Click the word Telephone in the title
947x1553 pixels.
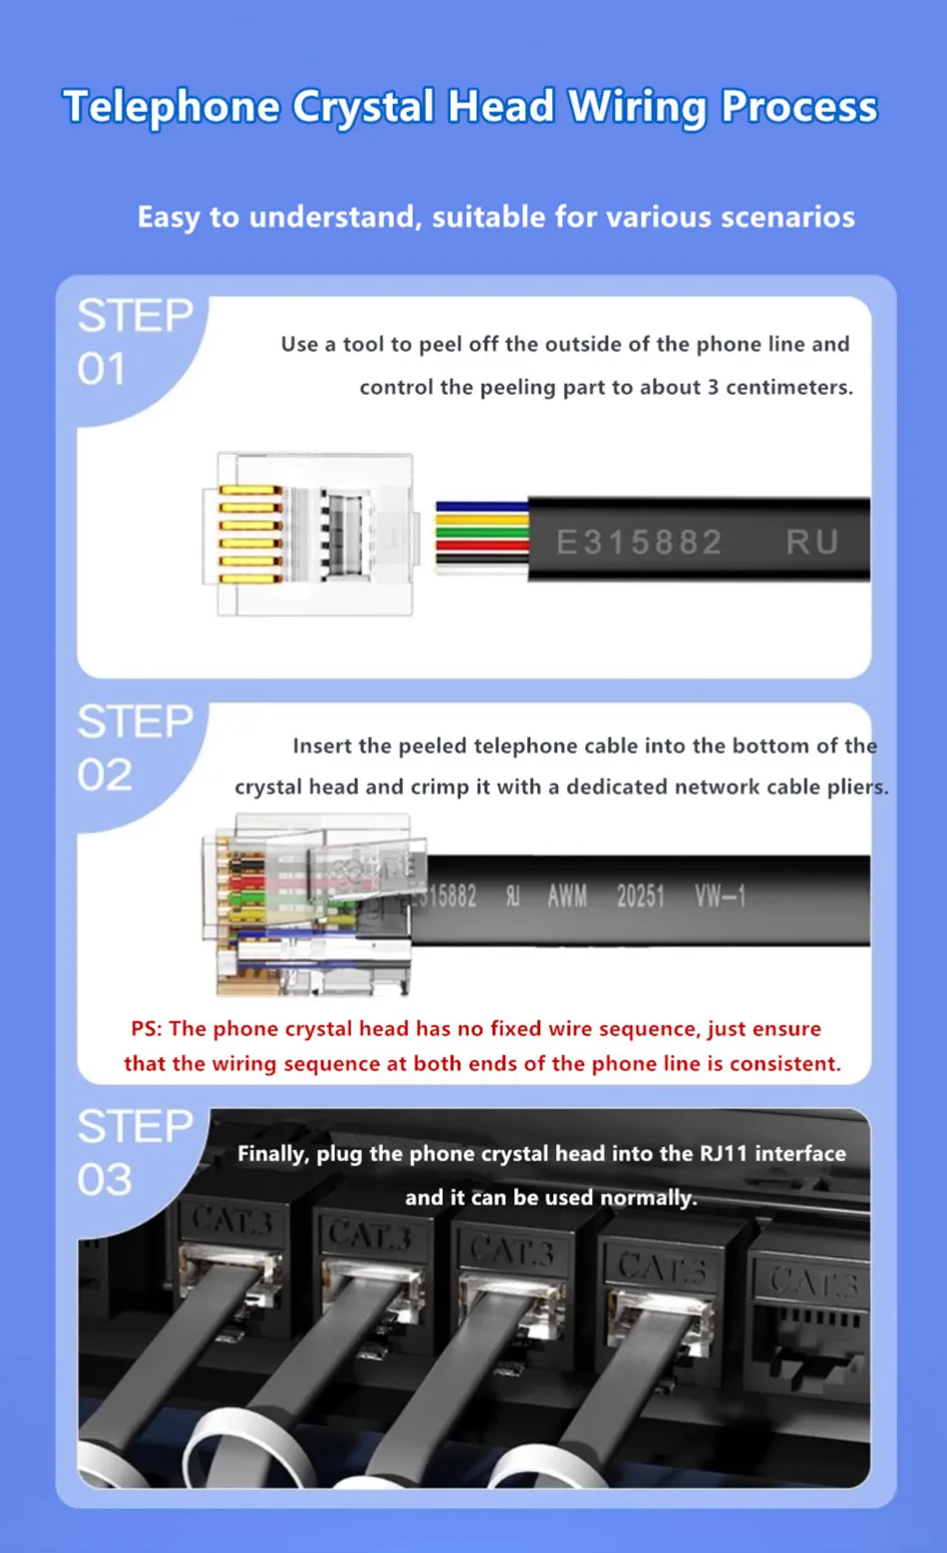(171, 106)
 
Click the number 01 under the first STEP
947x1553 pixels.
(101, 369)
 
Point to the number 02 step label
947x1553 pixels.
(105, 774)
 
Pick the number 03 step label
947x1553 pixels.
(105, 1179)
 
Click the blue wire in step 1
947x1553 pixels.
(482, 507)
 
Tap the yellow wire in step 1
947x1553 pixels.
(482, 520)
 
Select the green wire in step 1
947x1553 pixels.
(482, 533)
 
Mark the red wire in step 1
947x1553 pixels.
(482, 545)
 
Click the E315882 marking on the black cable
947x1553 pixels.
(639, 543)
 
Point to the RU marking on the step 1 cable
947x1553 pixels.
(811, 543)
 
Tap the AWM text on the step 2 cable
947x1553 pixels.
(567, 897)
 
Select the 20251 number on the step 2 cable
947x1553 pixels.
(640, 897)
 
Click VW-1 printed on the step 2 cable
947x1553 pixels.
(721, 897)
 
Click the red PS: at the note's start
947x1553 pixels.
(147, 1028)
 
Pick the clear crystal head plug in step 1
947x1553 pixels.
(312, 535)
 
